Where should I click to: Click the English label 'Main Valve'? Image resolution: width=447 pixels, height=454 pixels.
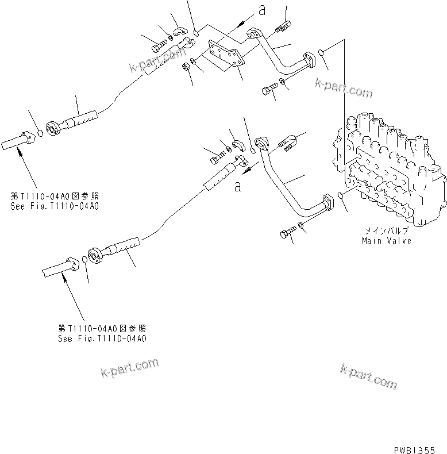386,241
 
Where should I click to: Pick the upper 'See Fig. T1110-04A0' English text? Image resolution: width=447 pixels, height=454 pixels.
54,205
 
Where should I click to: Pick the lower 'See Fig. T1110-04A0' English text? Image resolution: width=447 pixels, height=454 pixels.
102,338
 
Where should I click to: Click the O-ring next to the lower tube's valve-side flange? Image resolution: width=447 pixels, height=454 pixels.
342,197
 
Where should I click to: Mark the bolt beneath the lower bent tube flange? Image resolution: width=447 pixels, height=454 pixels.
287,233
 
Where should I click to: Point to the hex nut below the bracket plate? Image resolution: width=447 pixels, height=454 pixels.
186,68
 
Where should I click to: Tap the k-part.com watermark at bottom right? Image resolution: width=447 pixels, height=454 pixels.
368,376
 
